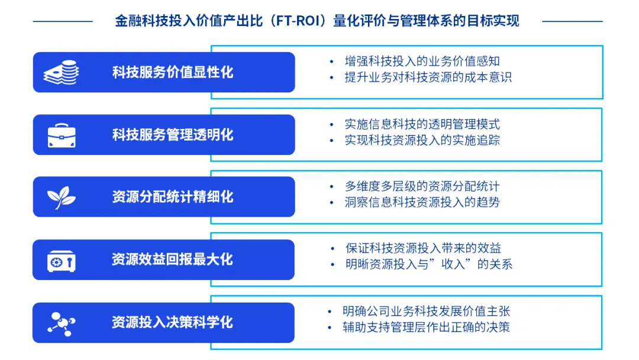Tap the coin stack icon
pyautogui.click(x=62, y=73)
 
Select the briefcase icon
pyautogui.click(x=62, y=136)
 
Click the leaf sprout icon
pyautogui.click(x=62, y=197)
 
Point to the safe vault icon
pyautogui.click(x=62, y=260)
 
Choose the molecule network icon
pyautogui.click(x=62, y=323)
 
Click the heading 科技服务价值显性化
pyautogui.click(x=173, y=72)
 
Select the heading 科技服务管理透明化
pyautogui.click(x=173, y=135)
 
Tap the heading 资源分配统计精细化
pyautogui.click(x=173, y=197)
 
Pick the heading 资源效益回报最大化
pyautogui.click(x=173, y=259)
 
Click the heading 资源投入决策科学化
pyautogui.click(x=173, y=322)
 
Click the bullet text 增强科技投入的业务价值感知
pyautogui.click(x=422, y=61)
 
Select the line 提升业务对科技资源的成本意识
pyautogui.click(x=428, y=78)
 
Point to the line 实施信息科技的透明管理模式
pyautogui.click(x=422, y=124)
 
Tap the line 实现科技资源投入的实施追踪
pyautogui.click(x=422, y=140)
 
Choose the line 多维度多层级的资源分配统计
pyautogui.click(x=422, y=187)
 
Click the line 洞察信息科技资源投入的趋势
pyautogui.click(x=422, y=202)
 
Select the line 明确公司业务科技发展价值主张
pyautogui.click(x=426, y=311)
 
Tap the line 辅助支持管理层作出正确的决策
pyautogui.click(x=426, y=327)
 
